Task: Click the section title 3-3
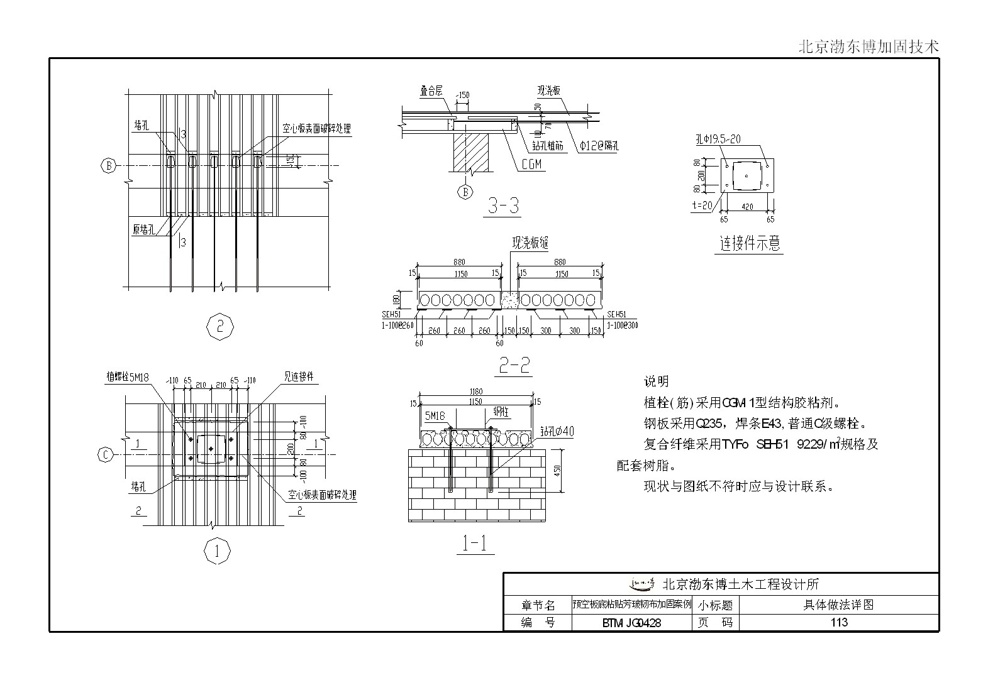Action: (503, 205)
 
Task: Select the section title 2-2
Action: (514, 366)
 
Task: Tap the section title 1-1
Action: (475, 544)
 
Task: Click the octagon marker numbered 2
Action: (219, 327)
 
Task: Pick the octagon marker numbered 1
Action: (217, 552)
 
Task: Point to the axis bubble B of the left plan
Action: (109, 166)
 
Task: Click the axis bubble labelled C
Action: (105, 454)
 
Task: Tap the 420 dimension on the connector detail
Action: (747, 207)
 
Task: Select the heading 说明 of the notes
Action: (656, 381)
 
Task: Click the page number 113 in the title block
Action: (838, 622)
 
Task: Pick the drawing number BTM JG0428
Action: (631, 623)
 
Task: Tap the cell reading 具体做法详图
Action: (838, 605)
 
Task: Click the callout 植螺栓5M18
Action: (128, 377)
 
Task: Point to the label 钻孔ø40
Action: (557, 431)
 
